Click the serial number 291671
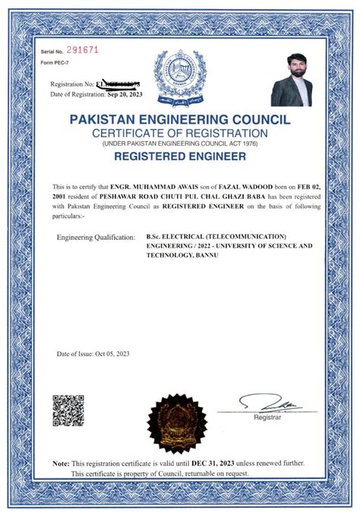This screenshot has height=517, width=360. [84, 49]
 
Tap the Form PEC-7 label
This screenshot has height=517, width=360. [54, 61]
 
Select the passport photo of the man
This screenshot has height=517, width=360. [293, 80]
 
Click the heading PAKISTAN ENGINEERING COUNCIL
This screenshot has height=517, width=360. [179, 120]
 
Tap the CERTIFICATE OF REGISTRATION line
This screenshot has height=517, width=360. [179, 133]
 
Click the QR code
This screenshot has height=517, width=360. [67, 410]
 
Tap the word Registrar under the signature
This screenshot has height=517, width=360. [267, 418]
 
